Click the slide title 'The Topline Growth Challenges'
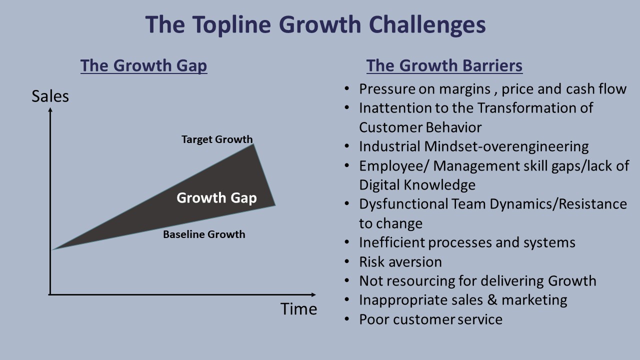click(315, 25)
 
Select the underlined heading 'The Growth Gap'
click(143, 66)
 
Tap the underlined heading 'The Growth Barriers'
click(444, 66)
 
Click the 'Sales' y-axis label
click(50, 96)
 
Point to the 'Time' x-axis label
click(298, 308)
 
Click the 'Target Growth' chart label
click(217, 139)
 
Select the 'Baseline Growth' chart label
click(204, 234)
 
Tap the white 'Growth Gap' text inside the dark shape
click(216, 198)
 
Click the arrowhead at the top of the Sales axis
click(50, 110)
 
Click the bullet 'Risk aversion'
click(400, 262)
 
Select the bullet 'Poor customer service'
click(430, 319)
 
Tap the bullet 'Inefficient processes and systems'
click(467, 242)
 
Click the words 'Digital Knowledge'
click(417, 185)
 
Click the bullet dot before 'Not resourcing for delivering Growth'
click(347, 281)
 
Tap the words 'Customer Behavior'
click(420, 127)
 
